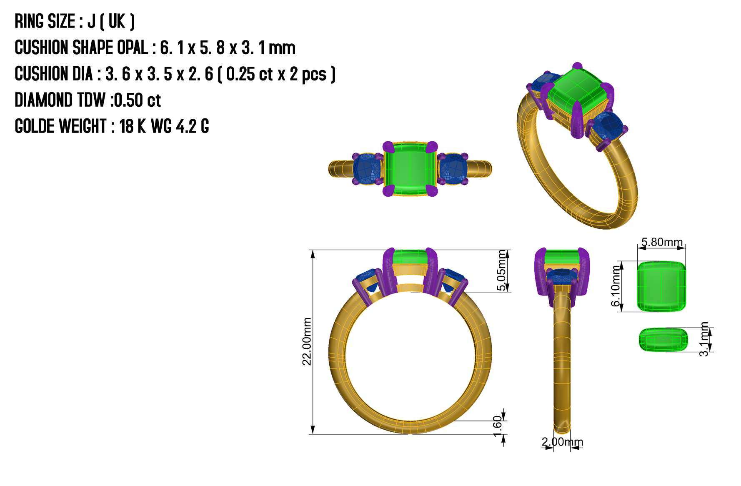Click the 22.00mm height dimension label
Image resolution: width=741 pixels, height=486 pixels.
pyautogui.click(x=307, y=341)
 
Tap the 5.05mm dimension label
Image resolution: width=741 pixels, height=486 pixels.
pyautogui.click(x=502, y=271)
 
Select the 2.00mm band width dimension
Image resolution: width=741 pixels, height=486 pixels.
pyautogui.click(x=562, y=441)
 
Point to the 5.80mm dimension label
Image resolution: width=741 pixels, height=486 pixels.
pyautogui.click(x=662, y=242)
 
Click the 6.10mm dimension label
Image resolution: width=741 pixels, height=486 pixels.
pyautogui.click(x=616, y=286)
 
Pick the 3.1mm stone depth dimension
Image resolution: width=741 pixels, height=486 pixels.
pyautogui.click(x=703, y=339)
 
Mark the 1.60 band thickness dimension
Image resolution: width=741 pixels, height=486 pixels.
pyautogui.click(x=498, y=426)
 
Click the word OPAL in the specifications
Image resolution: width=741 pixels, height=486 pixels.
pyautogui.click(x=132, y=48)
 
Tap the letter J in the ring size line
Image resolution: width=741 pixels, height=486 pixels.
pyautogui.click(x=91, y=21)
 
